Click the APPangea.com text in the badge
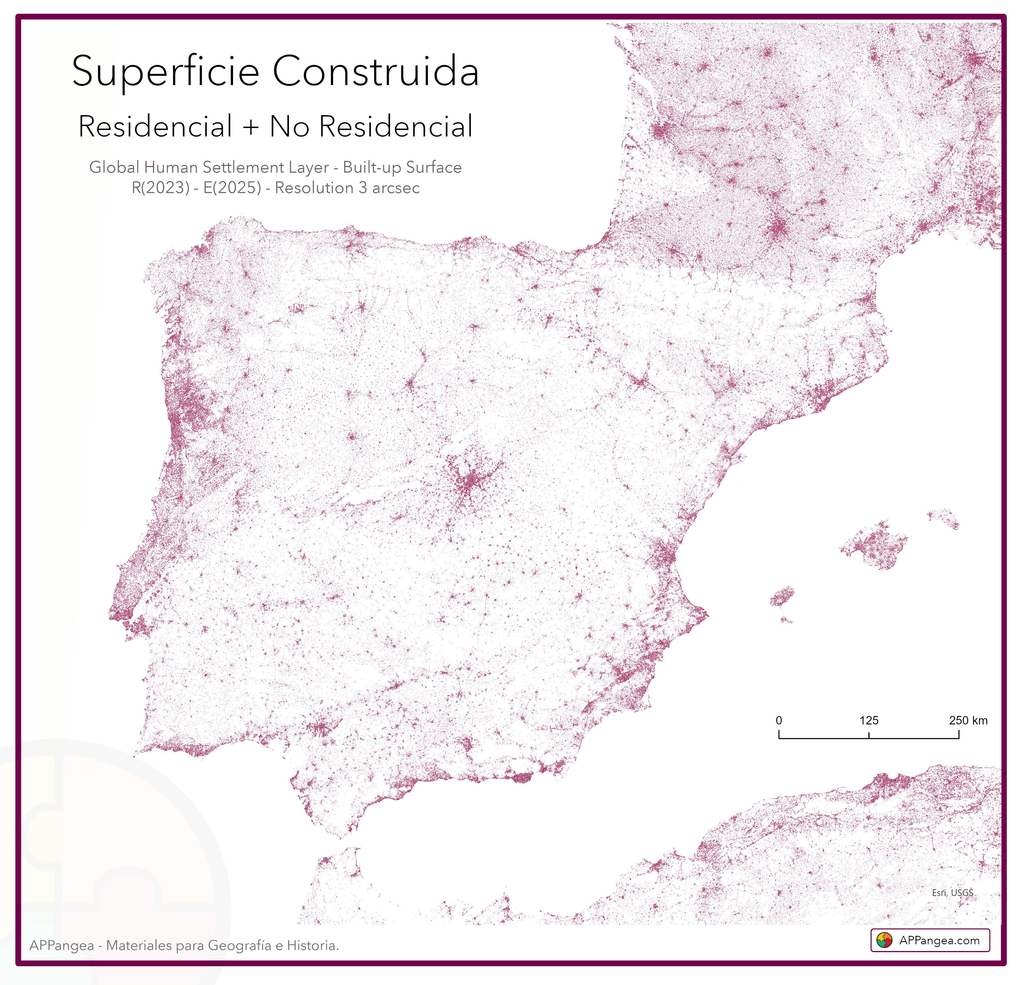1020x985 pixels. tap(939, 940)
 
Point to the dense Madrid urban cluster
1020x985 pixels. tap(470, 481)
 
